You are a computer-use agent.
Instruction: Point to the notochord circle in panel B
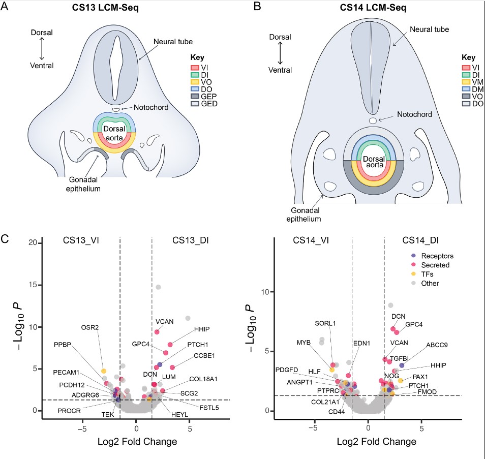(373, 120)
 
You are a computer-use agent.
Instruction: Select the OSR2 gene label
(89, 326)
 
